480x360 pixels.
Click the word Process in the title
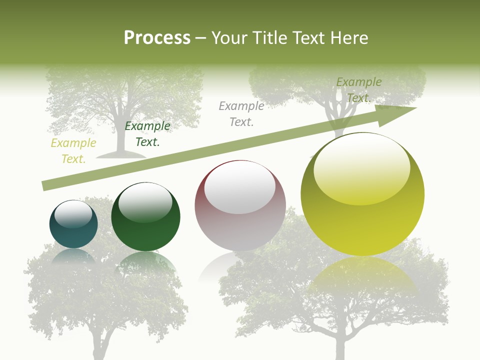157,38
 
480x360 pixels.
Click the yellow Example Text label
73,151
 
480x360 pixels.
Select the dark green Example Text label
147,134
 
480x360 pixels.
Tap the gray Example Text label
241,113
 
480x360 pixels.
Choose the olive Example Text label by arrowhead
358,90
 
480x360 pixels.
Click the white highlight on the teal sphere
73,214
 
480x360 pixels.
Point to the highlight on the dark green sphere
145,202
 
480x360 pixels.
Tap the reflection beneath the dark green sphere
145,262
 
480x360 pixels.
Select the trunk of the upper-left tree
120,135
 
